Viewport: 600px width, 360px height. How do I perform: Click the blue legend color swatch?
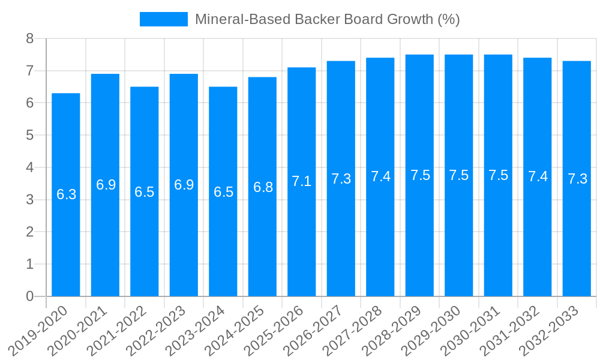click(163, 19)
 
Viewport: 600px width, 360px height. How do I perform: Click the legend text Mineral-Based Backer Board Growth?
click(327, 19)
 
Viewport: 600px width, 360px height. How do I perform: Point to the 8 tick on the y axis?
click(29, 39)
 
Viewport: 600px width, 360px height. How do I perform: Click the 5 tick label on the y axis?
click(29, 136)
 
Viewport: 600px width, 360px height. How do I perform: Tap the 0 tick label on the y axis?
click(29, 296)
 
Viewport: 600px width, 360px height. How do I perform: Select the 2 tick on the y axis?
click(29, 232)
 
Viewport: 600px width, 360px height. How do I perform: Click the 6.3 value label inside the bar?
click(66, 194)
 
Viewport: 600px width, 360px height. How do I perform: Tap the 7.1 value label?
click(302, 181)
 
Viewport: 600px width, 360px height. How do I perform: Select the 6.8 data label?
click(263, 187)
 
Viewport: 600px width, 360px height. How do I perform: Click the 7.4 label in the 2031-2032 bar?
click(538, 176)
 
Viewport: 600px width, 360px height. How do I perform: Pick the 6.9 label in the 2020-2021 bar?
click(106, 185)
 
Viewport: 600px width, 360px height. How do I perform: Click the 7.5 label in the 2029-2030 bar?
click(459, 175)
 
